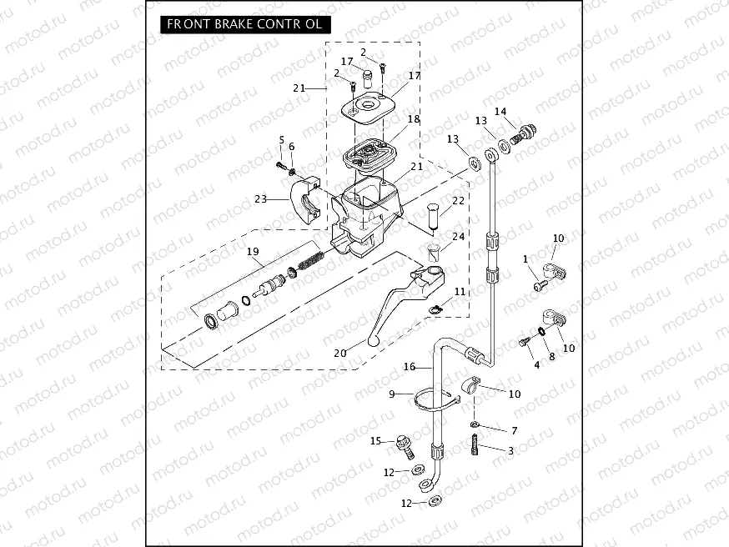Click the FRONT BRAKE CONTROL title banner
pyautogui.click(x=244, y=24)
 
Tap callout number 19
pyautogui.click(x=253, y=252)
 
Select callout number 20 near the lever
pyautogui.click(x=339, y=353)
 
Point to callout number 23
pyautogui.click(x=260, y=198)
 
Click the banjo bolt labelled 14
pyautogui.click(x=525, y=132)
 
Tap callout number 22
pyautogui.click(x=458, y=200)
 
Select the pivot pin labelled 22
pyautogui.click(x=432, y=214)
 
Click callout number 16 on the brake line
pyautogui.click(x=410, y=367)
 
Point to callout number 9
pyautogui.click(x=390, y=394)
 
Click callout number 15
pyautogui.click(x=376, y=440)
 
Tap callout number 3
pyautogui.click(x=510, y=450)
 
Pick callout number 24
pyautogui.click(x=458, y=237)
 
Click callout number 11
pyautogui.click(x=460, y=293)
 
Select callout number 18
pyautogui.click(x=414, y=119)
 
